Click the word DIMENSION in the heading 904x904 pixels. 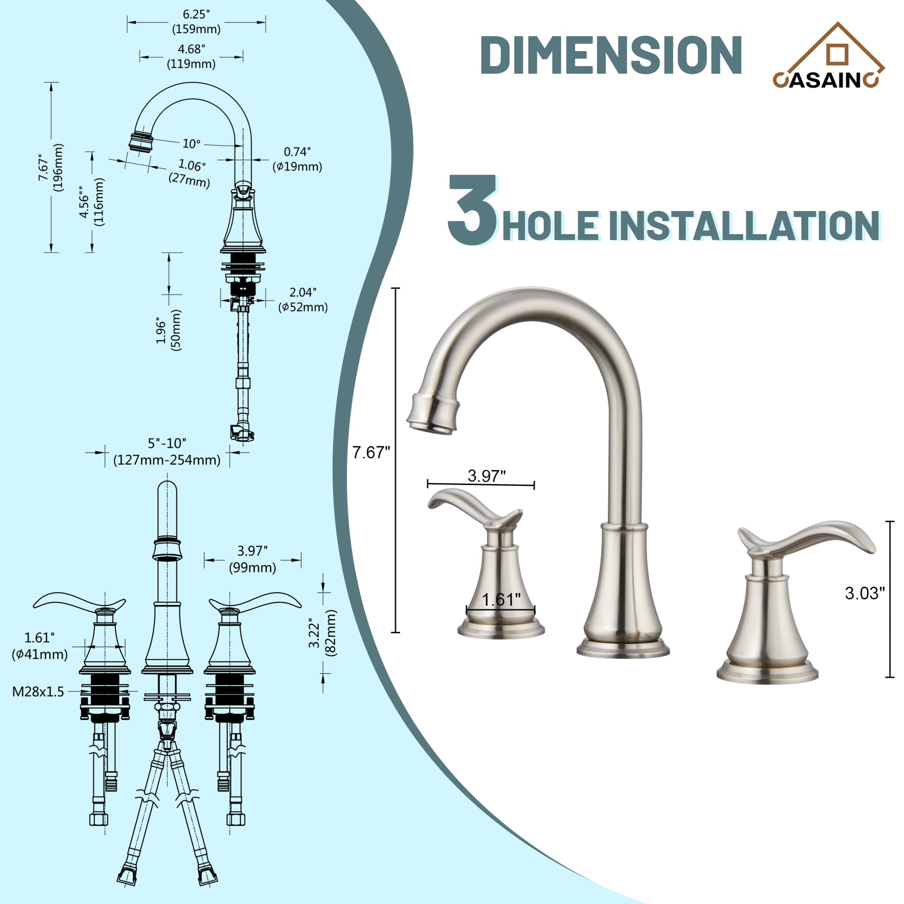[x=610, y=55]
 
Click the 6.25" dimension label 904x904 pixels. [x=197, y=21]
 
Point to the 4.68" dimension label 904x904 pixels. [x=191, y=56]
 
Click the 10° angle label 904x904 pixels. [x=191, y=143]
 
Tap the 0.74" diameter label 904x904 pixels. [x=297, y=158]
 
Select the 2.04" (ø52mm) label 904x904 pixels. [x=303, y=300]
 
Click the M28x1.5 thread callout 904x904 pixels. [x=38, y=692]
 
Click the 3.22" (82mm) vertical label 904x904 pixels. [x=322, y=633]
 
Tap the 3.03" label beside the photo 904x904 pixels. [x=865, y=593]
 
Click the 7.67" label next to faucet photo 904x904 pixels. [x=371, y=452]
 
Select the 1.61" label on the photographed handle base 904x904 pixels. [x=501, y=599]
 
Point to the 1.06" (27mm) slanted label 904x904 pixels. [x=190, y=172]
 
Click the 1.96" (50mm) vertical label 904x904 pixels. [x=169, y=330]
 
